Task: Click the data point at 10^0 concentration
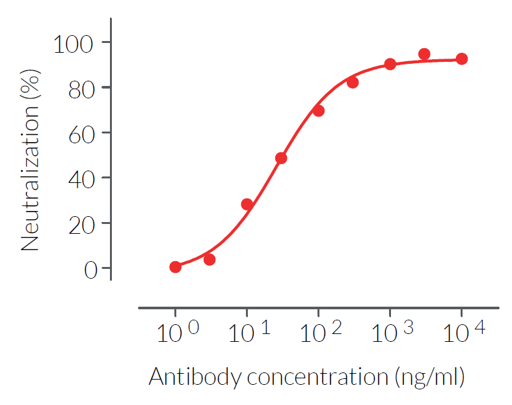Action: click(x=176, y=267)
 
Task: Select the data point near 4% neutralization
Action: click(x=209, y=260)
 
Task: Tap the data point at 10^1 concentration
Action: click(x=247, y=204)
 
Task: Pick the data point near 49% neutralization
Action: click(x=281, y=158)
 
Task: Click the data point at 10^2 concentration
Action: click(x=319, y=111)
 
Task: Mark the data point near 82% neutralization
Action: click(x=353, y=83)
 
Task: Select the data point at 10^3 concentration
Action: click(x=390, y=64)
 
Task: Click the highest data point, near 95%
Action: click(x=424, y=54)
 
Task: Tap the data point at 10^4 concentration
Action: click(x=462, y=59)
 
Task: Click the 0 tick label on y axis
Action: click(x=90, y=269)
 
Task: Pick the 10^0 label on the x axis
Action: click(x=178, y=333)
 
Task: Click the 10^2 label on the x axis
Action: click(x=321, y=333)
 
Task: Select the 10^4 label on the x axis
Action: click(x=464, y=333)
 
